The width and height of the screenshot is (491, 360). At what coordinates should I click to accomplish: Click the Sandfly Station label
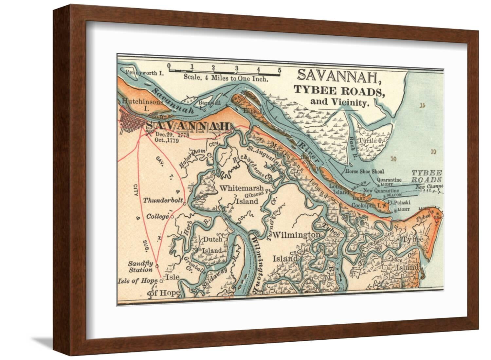[x=140, y=267]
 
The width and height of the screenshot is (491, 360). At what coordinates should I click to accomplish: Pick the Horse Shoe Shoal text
[x=364, y=171]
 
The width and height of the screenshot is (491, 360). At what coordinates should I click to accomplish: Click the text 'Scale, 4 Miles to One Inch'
[x=226, y=78]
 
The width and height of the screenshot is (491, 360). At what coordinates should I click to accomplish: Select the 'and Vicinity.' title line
[x=339, y=102]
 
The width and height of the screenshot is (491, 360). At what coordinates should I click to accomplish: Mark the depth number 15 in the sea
[x=423, y=105]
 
